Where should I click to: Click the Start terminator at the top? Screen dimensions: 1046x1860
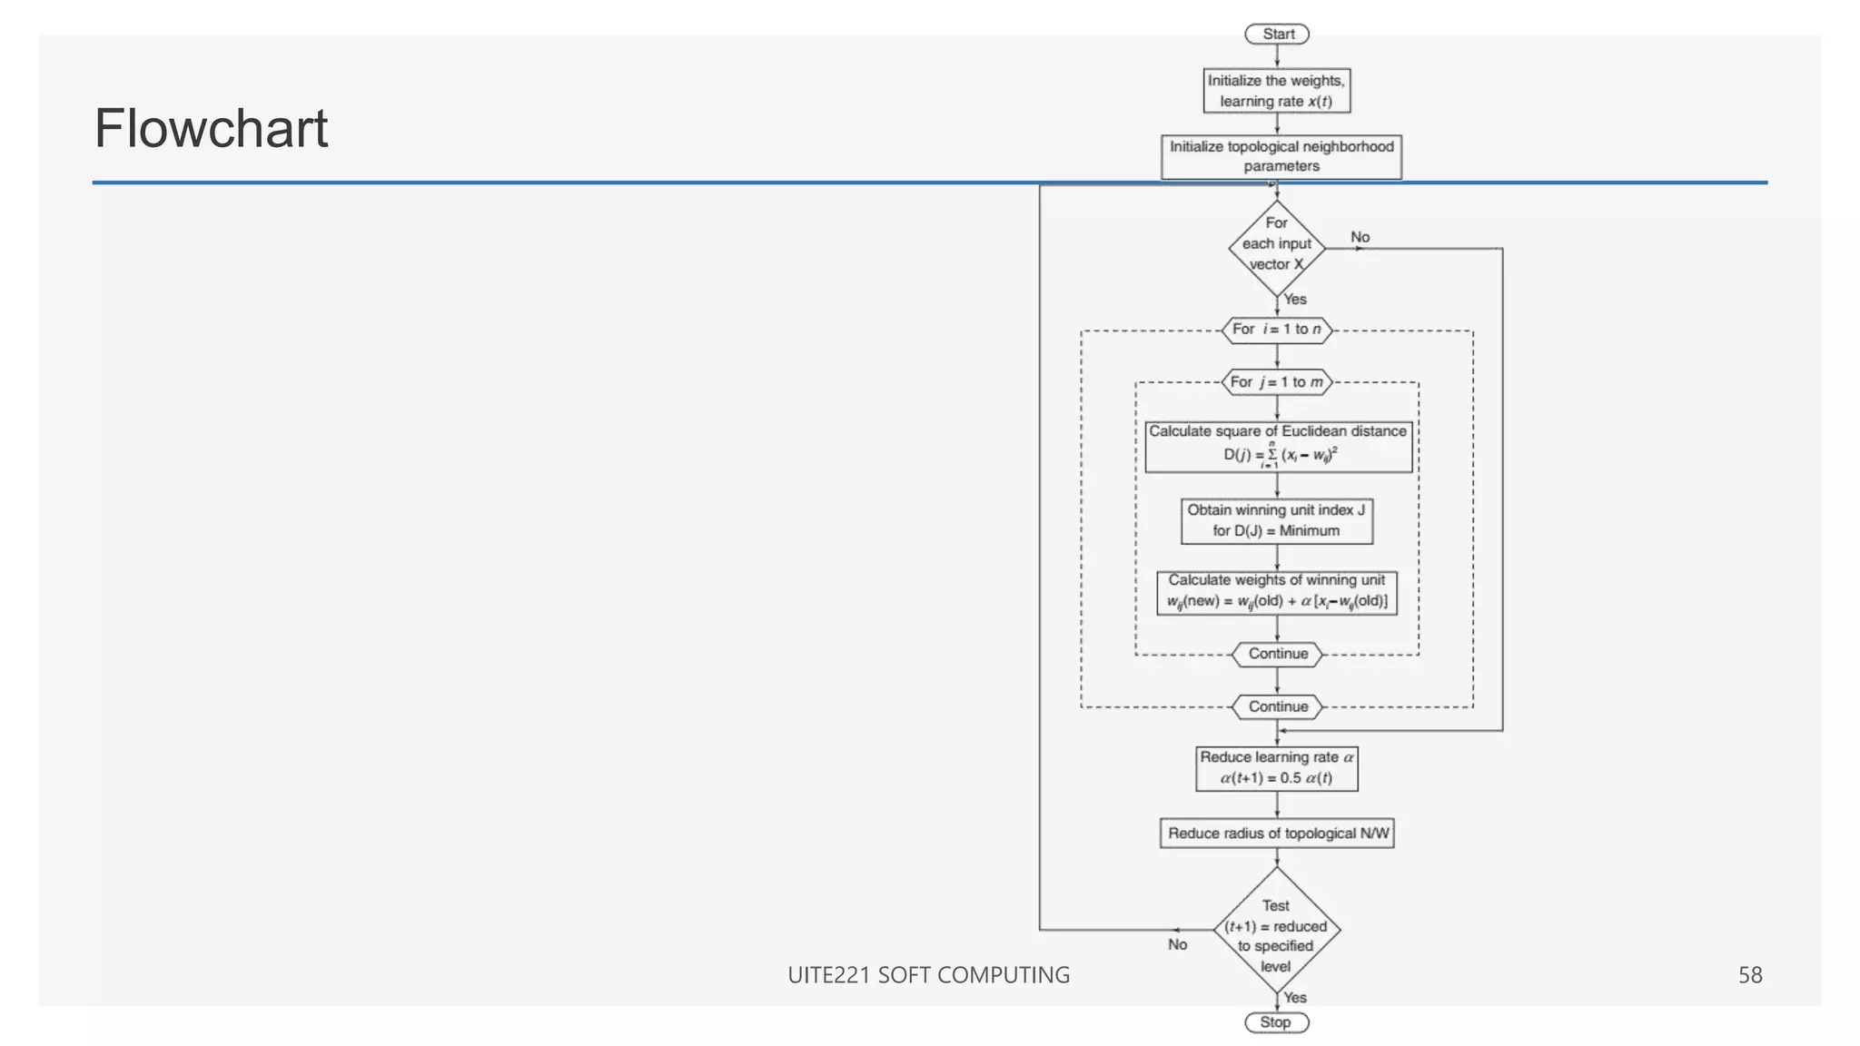(1276, 35)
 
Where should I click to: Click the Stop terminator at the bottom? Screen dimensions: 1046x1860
(1276, 1022)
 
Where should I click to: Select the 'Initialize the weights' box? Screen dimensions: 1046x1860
(1276, 91)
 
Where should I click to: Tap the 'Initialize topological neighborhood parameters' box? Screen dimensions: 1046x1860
(1281, 156)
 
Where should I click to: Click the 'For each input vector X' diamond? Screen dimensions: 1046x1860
(1276, 244)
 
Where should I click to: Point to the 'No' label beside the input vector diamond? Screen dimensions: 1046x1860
(1360, 237)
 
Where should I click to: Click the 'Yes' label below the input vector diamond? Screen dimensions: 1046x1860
(1295, 300)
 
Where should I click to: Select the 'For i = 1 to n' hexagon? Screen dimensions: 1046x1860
(1276, 330)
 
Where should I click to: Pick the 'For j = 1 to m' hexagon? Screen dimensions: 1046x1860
(1276, 382)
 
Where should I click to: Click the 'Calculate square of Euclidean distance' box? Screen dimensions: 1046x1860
(1277, 445)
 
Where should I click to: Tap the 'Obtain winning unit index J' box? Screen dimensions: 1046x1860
(1276, 520)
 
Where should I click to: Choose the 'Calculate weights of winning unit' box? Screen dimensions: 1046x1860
(1276, 592)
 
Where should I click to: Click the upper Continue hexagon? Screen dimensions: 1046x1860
(1277, 654)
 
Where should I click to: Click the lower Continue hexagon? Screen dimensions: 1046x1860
(1277, 706)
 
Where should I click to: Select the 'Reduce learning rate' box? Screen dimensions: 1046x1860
(1276, 768)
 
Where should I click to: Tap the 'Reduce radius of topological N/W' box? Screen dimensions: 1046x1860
(1276, 834)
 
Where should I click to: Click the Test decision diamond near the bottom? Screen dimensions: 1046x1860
(1276, 931)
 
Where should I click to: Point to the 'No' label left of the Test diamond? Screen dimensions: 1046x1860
(1177, 945)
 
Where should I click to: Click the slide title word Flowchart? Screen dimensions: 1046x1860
(211, 128)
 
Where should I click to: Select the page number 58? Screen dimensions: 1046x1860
(1749, 975)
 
